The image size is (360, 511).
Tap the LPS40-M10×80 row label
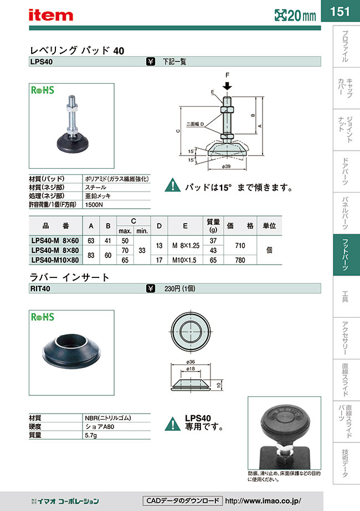click(x=55, y=259)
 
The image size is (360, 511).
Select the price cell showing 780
click(x=240, y=259)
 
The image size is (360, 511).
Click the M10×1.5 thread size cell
click(x=188, y=259)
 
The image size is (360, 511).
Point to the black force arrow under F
click(x=227, y=86)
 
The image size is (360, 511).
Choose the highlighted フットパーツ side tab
click(x=346, y=255)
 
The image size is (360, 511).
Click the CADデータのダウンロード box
click(x=182, y=500)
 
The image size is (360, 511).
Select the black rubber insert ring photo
click(x=71, y=349)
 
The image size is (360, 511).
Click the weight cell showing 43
click(x=214, y=250)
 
